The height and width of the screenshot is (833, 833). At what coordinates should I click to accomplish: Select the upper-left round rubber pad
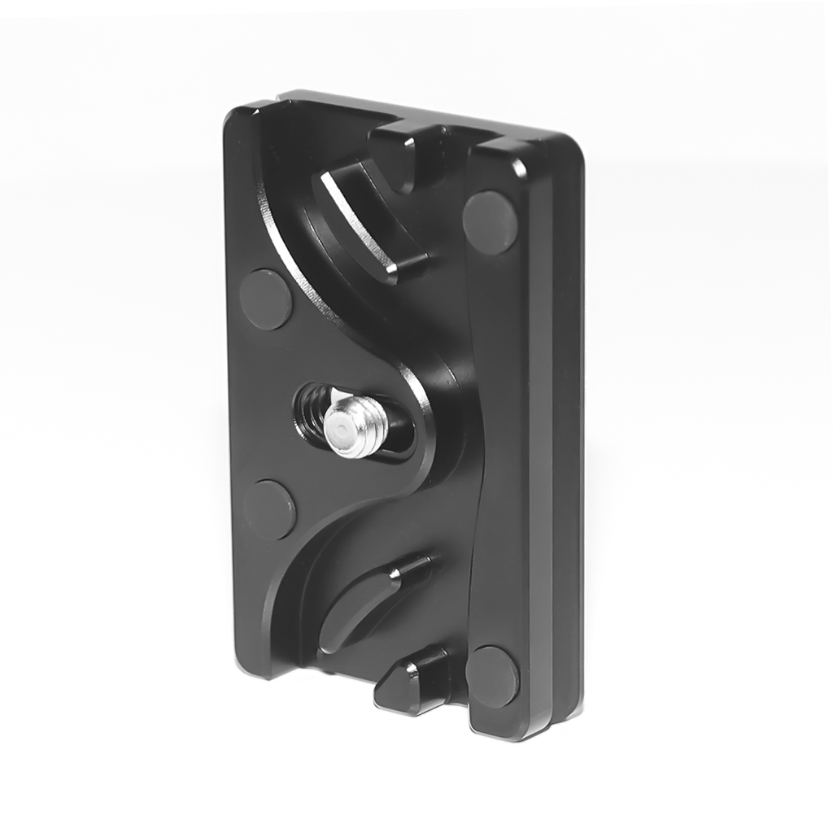point(265,299)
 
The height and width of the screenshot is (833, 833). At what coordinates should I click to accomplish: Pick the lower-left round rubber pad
point(270,508)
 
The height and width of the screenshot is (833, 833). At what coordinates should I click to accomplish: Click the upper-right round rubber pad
point(491,222)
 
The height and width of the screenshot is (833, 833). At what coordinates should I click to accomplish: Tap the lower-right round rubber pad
point(492,676)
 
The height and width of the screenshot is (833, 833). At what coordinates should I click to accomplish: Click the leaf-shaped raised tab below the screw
point(366,602)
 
